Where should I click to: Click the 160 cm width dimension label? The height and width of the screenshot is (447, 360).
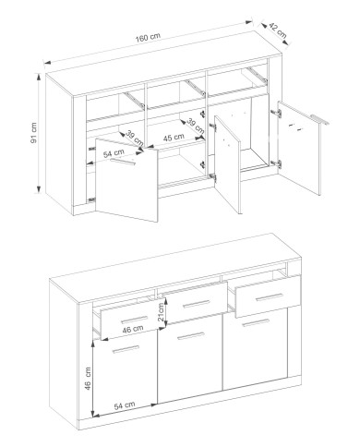click(148, 37)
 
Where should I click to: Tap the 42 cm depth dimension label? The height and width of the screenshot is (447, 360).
click(278, 30)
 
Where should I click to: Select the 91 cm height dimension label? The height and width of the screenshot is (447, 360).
click(33, 133)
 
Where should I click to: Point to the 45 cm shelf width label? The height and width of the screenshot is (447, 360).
click(174, 138)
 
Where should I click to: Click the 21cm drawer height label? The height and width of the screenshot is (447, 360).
click(161, 311)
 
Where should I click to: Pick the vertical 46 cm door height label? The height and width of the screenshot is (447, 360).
click(88, 379)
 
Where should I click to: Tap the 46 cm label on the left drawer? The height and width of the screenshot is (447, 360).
click(133, 329)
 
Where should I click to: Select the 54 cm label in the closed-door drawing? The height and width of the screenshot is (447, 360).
click(125, 405)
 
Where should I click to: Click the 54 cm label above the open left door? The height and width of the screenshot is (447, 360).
click(114, 153)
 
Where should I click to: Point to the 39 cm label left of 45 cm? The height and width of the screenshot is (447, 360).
click(135, 139)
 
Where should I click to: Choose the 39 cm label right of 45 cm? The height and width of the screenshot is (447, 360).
click(196, 126)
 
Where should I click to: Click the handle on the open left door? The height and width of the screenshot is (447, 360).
click(123, 163)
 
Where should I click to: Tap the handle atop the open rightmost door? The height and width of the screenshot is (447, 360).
click(319, 119)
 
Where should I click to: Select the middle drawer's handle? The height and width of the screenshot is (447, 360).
click(196, 304)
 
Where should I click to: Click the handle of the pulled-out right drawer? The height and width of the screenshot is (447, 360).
click(269, 296)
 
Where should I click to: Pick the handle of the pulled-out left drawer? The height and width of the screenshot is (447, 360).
click(134, 320)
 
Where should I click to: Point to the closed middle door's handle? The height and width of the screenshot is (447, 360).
click(191, 335)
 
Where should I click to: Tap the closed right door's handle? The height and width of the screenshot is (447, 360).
click(256, 322)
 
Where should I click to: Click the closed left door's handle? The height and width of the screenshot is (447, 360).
click(126, 349)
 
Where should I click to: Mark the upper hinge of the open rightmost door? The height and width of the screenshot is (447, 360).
click(276, 113)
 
